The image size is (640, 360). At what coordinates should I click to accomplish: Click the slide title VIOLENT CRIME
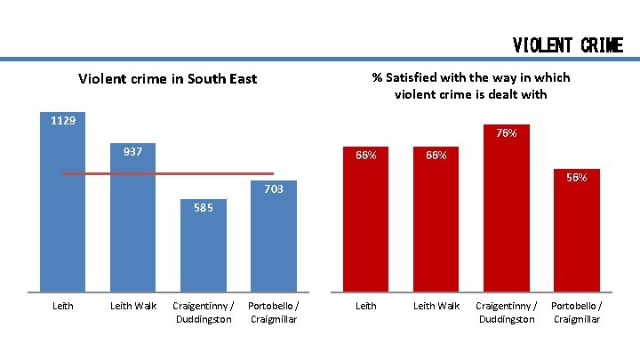tap(567, 44)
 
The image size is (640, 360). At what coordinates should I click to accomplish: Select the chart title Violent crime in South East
tap(167, 78)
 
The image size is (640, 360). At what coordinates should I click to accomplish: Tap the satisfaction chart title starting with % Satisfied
tap(470, 85)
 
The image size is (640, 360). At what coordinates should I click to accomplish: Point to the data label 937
tap(132, 151)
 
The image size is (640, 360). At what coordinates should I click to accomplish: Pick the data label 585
tap(203, 208)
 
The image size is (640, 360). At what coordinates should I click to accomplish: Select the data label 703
tap(273, 188)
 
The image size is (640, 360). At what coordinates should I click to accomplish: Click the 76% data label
tap(507, 133)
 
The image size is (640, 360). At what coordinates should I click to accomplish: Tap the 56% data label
tap(576, 178)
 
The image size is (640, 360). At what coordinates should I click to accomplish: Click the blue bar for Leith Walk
tap(132, 231)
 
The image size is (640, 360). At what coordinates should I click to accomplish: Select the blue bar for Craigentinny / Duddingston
tap(203, 253)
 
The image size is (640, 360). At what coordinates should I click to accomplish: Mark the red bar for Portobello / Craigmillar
tap(576, 236)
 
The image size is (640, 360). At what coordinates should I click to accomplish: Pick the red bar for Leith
tap(366, 227)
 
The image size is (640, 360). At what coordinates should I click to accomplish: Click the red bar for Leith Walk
tap(436, 227)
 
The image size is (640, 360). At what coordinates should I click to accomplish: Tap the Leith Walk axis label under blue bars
tap(132, 306)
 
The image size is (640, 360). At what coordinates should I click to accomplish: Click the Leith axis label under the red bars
tap(366, 306)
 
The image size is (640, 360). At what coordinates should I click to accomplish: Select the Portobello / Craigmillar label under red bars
tap(576, 312)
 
